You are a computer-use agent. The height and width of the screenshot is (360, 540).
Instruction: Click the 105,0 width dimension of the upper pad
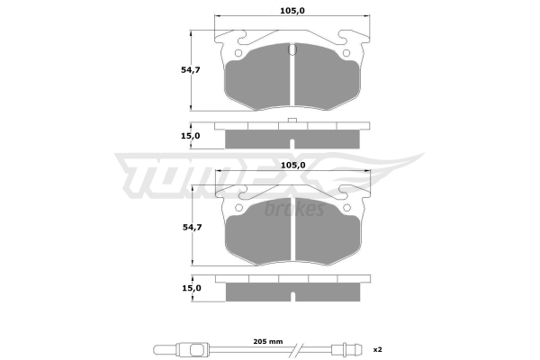point(292,11)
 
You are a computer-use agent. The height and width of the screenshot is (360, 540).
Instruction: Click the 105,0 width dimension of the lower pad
point(293,165)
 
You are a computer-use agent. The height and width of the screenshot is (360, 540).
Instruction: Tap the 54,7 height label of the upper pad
point(191,70)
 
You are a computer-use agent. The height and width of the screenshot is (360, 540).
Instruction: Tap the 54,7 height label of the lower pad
point(193,228)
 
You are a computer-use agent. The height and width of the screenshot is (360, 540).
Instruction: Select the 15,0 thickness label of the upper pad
point(191,136)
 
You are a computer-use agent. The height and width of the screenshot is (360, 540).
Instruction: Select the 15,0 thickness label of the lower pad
point(192,288)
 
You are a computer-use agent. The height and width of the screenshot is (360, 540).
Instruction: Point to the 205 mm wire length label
point(268,341)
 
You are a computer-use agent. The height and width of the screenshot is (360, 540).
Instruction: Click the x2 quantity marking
point(378,350)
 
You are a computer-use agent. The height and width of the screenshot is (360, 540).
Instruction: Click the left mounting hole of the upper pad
point(238,53)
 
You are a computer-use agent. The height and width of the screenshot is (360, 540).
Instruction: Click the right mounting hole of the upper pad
point(346,53)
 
